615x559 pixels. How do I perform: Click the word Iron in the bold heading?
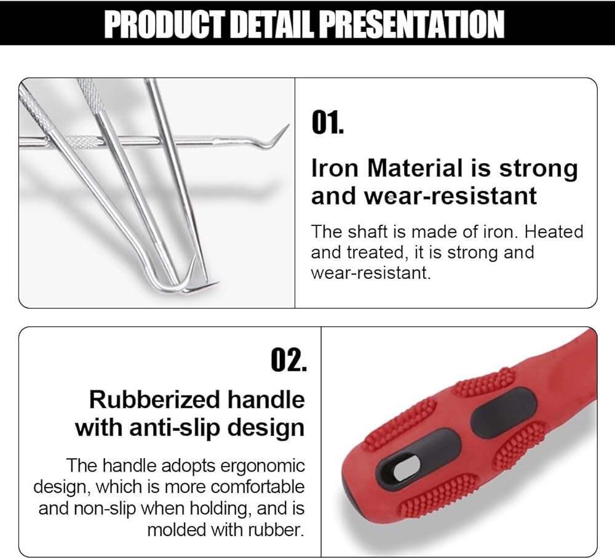click(x=335, y=169)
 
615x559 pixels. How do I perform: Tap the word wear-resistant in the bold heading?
click(x=451, y=196)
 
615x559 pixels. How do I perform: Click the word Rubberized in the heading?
click(x=154, y=400)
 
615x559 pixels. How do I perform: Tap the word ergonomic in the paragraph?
click(x=263, y=466)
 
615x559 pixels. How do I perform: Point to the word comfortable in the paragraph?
click(x=257, y=487)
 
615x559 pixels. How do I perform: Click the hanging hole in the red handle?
click(x=405, y=467)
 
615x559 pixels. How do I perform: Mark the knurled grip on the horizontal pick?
click(x=81, y=141)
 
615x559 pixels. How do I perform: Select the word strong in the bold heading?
click(x=538, y=169)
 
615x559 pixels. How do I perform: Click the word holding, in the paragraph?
click(x=220, y=509)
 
